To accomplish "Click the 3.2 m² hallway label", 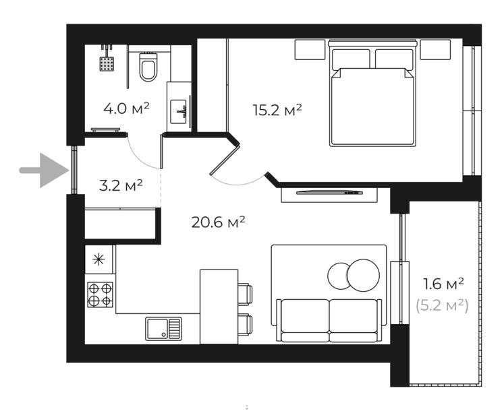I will [121, 185].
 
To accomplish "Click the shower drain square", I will [105, 64].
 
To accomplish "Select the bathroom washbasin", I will [180, 110].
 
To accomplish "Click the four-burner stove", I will [100, 294].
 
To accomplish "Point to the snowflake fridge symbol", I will [99, 259].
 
